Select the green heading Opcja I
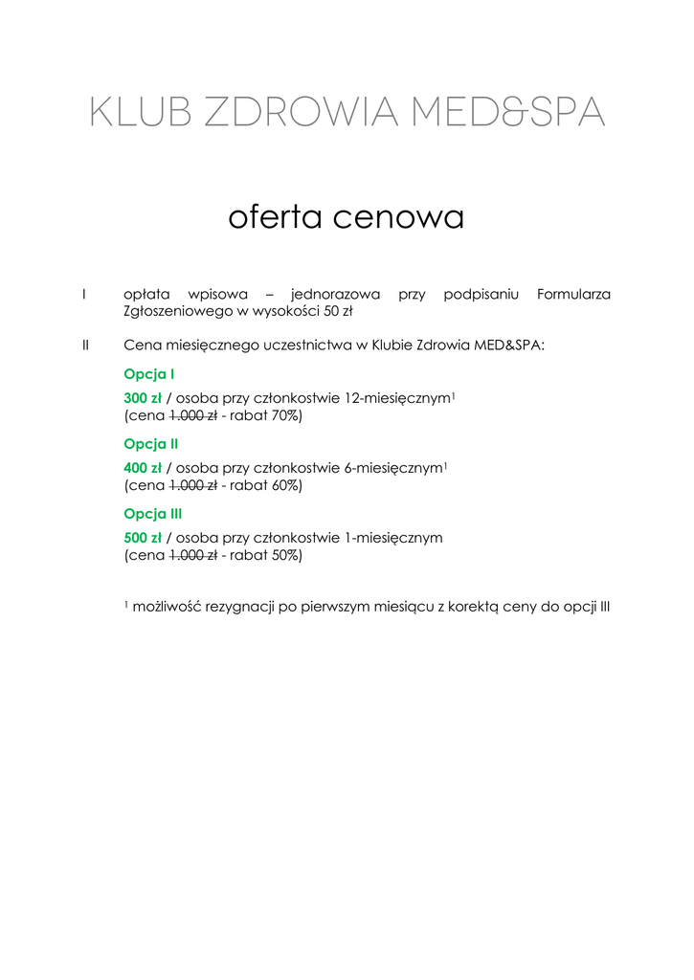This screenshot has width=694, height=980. tap(149, 374)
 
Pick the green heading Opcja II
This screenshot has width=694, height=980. tap(151, 444)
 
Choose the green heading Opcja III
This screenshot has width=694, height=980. tap(154, 514)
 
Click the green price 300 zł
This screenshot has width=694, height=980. tap(143, 398)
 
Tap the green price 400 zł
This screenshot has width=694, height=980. tap(143, 468)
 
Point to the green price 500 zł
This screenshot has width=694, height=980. tap(143, 538)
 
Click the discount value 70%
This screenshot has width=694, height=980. tap(285, 416)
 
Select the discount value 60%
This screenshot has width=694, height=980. tap(285, 486)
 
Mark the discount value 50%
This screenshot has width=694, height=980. tap(285, 556)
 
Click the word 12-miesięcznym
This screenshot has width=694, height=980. tap(396, 398)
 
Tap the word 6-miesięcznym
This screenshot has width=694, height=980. tap(392, 468)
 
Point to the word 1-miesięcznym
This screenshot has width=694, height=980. tap(392, 538)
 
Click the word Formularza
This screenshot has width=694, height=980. tap(573, 294)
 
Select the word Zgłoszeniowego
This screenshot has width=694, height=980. tap(179, 312)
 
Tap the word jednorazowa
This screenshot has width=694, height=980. tap(335, 294)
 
